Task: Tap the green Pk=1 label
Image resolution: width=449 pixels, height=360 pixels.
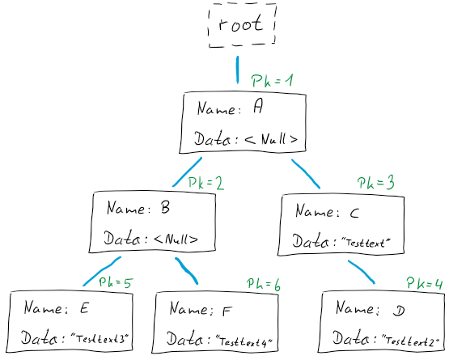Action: coord(273,80)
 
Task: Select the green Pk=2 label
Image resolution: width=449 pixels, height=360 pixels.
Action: coord(205,184)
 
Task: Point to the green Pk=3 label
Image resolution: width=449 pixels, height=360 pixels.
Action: coord(375,182)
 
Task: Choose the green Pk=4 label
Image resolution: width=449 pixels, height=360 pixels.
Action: coord(425,283)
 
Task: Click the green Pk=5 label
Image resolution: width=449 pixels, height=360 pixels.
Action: coord(116,282)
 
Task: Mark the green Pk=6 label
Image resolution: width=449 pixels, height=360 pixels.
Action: coord(264,284)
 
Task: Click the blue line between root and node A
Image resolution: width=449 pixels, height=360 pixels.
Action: coord(237,70)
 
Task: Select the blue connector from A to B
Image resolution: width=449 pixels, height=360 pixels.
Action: coord(187,172)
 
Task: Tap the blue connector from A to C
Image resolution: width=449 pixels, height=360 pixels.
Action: coord(306,174)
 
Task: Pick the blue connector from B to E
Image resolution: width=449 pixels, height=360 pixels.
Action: coord(102,271)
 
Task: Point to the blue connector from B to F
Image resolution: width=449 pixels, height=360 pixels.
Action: coord(186,271)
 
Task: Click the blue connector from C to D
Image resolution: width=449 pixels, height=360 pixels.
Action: coord(361,272)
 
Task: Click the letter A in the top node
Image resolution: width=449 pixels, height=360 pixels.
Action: coord(258,107)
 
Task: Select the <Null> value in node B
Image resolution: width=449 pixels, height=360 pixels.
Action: coord(176,239)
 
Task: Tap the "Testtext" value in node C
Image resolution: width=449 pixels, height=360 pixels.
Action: coord(366,243)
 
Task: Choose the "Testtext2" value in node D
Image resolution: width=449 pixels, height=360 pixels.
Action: coord(410,341)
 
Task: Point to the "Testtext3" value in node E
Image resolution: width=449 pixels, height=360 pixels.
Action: coord(100,338)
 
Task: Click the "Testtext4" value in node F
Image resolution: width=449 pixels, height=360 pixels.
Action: coord(244,341)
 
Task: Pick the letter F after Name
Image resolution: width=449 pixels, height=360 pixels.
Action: coord(227,311)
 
